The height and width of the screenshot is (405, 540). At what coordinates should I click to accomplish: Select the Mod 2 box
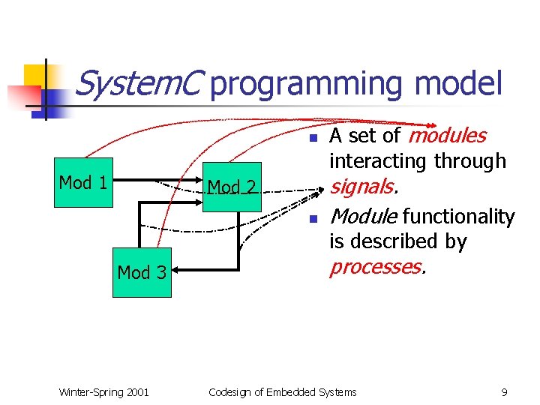[232, 187]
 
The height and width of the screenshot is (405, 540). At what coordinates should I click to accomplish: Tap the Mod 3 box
[142, 272]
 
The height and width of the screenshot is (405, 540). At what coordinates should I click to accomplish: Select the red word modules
[448, 136]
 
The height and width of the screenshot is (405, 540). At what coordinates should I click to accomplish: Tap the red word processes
[377, 267]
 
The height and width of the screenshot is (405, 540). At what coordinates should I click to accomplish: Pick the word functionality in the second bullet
[458, 217]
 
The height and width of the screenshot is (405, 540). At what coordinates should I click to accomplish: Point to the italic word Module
[363, 217]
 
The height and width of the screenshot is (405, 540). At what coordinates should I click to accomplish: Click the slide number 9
[504, 392]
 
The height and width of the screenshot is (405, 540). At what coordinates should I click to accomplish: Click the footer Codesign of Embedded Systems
[283, 392]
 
